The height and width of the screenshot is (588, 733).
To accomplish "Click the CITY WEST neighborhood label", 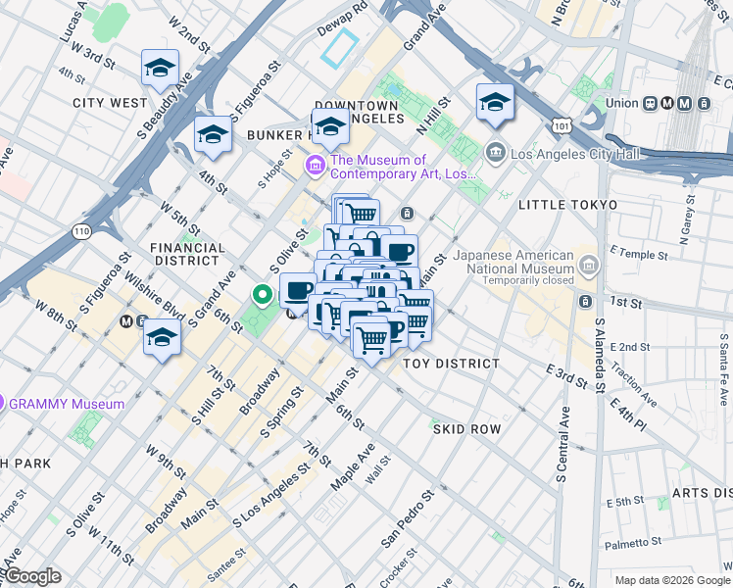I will pos(109,102).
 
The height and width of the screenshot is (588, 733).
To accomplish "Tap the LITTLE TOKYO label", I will pos(567,205).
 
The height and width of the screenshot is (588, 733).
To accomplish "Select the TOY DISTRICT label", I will pos(452,364).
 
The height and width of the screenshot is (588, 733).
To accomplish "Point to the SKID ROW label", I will pos(466,429).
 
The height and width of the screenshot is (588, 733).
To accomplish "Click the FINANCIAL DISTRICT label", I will pos(185,255).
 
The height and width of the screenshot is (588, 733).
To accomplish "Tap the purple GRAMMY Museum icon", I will pos(3,403).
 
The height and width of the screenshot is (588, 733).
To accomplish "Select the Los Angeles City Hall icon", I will pos(495,152).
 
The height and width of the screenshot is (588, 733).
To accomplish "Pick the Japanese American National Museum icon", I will pos(588,265).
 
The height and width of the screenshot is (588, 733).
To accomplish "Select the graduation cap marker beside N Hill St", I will pos(495,102).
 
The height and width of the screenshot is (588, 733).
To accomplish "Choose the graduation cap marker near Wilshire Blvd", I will pos(162,339).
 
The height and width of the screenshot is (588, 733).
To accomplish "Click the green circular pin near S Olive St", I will pos(262,294).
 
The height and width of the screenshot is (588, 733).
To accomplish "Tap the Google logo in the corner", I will pos(32,576).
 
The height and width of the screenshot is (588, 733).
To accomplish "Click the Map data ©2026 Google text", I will pos(671,579).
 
